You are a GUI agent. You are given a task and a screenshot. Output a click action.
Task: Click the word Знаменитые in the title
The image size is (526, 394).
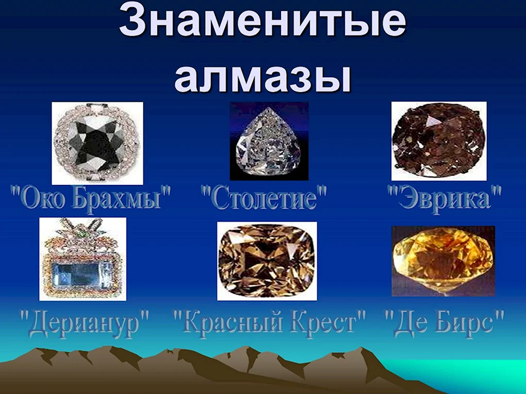pos(262,21)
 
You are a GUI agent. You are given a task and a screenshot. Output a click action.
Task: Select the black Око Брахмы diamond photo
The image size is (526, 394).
pos(97,143)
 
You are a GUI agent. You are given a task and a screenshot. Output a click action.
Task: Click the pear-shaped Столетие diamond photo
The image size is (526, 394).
pos(269,142)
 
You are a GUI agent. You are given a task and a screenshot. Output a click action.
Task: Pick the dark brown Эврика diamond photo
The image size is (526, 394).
pos(439,142)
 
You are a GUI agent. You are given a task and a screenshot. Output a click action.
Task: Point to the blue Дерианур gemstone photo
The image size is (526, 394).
pos(83,259)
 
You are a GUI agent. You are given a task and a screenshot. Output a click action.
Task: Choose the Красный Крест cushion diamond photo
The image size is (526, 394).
pos(267,261)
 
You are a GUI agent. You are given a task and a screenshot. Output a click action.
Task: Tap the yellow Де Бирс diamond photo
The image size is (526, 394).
pos(443,261)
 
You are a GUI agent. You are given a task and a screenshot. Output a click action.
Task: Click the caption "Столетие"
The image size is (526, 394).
pos(264,198)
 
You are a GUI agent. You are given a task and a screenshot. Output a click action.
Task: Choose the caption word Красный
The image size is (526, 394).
pos(228,321)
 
